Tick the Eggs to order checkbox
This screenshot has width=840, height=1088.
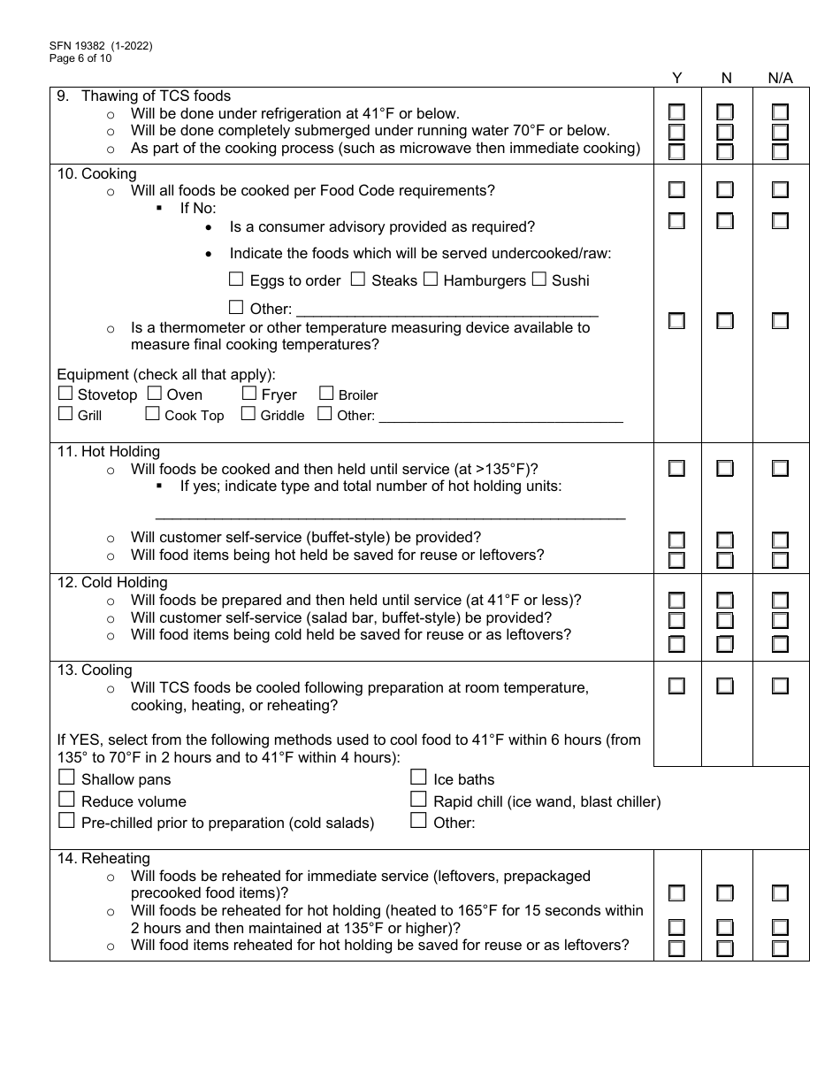(x=236, y=280)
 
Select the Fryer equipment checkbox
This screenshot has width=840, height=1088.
(x=248, y=394)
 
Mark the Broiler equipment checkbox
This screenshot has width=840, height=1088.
(x=326, y=394)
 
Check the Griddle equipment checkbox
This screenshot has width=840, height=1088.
(x=248, y=414)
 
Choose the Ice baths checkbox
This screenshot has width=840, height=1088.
(x=419, y=778)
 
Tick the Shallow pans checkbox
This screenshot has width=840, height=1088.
(x=66, y=778)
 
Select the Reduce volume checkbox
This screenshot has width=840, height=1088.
(x=66, y=800)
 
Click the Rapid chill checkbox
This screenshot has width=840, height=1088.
(x=419, y=800)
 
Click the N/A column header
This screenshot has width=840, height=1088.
(x=780, y=78)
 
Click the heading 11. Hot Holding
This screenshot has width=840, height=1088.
(x=108, y=451)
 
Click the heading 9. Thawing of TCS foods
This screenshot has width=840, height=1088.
(x=143, y=96)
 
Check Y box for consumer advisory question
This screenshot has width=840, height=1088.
(x=676, y=221)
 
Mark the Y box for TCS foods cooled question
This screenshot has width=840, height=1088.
(x=676, y=686)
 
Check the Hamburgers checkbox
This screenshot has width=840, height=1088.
(x=431, y=280)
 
